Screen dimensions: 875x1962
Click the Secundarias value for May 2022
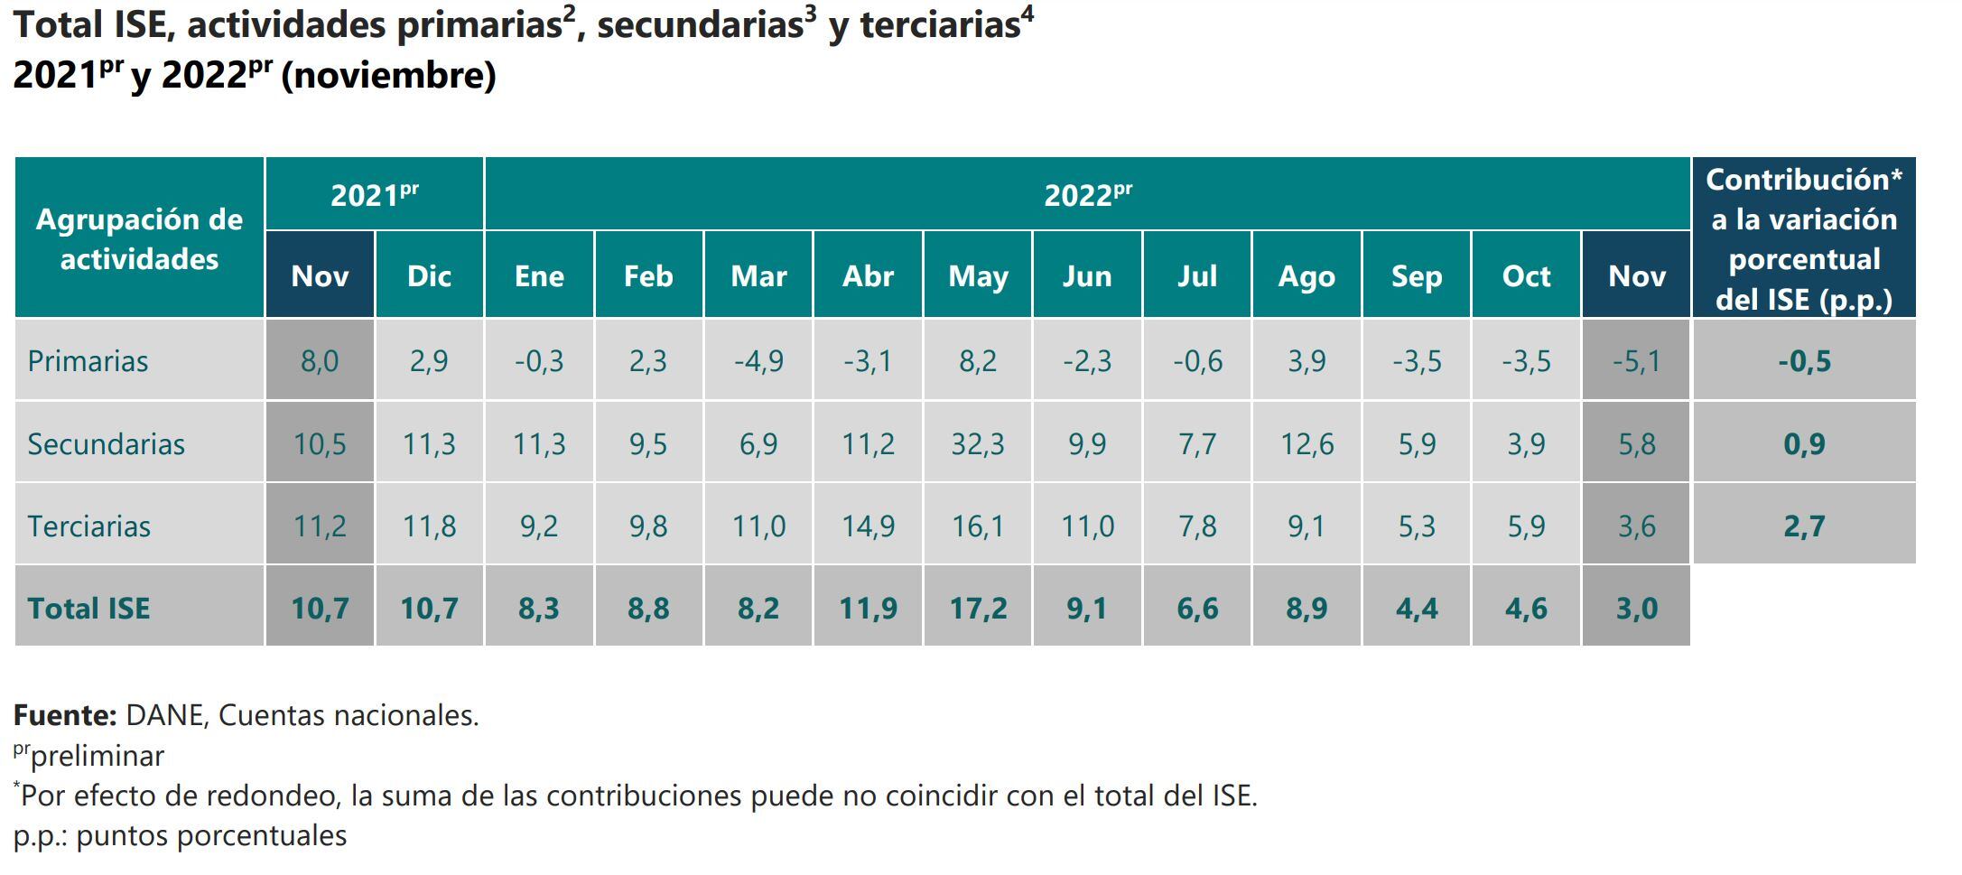[978, 443]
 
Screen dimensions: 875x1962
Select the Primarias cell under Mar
[758, 361]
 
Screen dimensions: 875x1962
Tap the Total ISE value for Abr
[868, 608]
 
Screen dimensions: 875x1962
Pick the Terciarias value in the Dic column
[429, 526]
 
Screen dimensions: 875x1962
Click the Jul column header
[1196, 275]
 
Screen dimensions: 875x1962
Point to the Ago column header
[1306, 275]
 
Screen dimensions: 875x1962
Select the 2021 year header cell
[374, 195]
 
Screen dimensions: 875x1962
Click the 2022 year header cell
[1087, 195]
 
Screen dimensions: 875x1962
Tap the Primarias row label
[88, 361]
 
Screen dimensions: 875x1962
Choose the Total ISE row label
[88, 608]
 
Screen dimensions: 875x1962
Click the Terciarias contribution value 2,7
[1804, 526]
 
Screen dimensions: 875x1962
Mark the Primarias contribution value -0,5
[1804, 361]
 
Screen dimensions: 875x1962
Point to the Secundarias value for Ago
[1306, 443]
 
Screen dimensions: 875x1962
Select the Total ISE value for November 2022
[1636, 608]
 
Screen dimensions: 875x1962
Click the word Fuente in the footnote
[64, 715]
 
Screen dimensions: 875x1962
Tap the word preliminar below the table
[98, 756]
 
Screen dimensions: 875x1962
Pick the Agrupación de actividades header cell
[139, 239]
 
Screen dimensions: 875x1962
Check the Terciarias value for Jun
[1087, 526]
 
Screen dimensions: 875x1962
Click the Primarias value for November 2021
[320, 361]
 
